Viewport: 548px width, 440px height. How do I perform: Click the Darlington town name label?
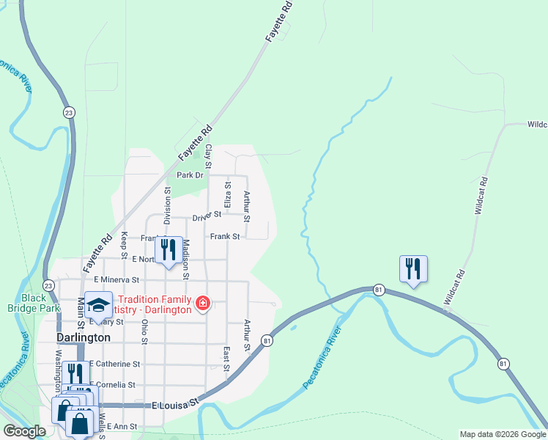click(84, 337)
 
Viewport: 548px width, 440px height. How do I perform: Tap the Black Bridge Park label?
click(40, 304)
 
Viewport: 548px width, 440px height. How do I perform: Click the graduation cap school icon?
click(98, 304)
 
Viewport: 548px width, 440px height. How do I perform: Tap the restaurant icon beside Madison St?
click(169, 250)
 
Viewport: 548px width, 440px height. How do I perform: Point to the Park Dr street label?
click(189, 175)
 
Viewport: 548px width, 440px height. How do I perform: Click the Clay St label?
click(208, 155)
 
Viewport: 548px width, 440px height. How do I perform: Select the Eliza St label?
click(228, 194)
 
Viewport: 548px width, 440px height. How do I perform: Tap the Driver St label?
click(207, 216)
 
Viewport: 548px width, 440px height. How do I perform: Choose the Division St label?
click(167, 205)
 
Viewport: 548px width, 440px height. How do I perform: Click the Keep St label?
click(125, 241)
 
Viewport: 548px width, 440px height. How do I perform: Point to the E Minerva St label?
click(112, 280)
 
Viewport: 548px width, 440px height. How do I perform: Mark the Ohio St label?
click(145, 331)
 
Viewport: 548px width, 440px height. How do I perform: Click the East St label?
click(227, 359)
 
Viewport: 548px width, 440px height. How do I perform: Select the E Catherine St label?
click(114, 364)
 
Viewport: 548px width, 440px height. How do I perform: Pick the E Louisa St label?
click(176, 404)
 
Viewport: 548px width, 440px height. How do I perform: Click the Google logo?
click(25, 431)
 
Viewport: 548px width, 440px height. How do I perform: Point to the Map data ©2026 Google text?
click(502, 434)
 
